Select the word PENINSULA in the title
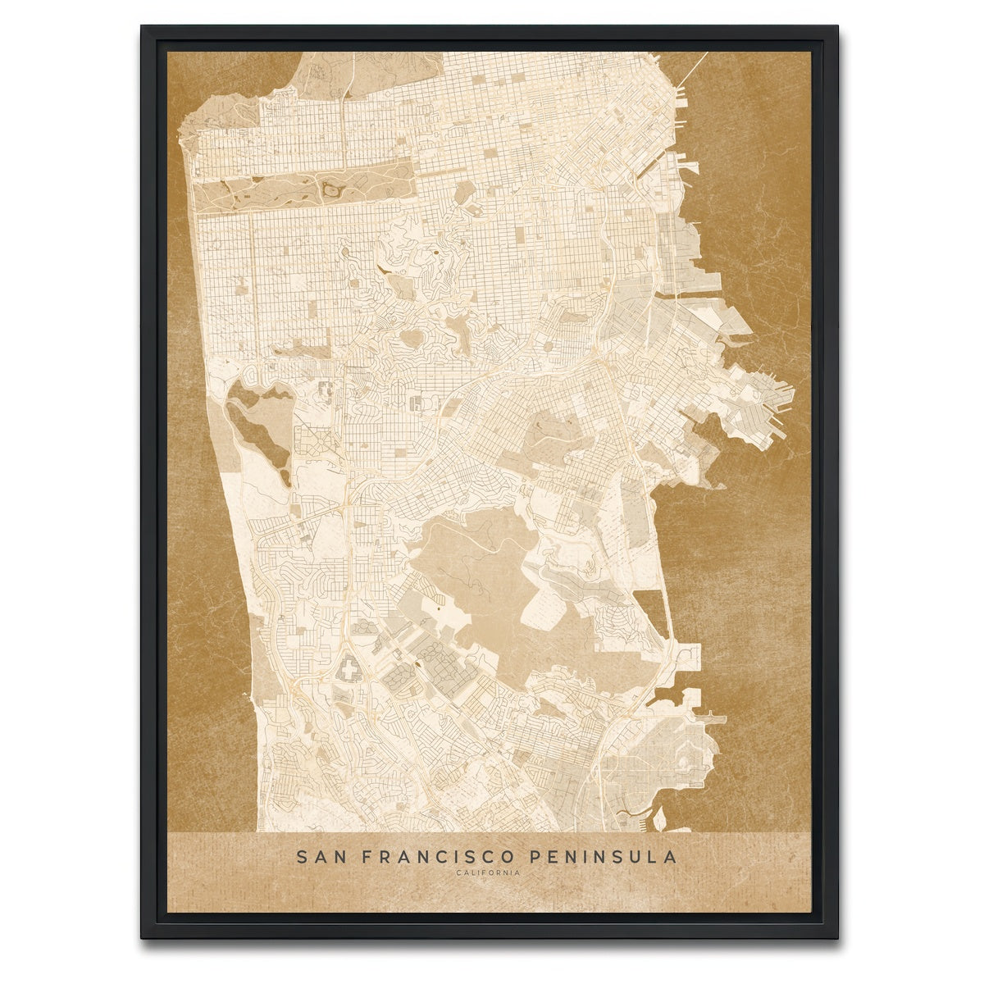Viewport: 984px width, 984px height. (x=604, y=857)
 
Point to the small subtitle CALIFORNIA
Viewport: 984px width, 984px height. (x=487, y=872)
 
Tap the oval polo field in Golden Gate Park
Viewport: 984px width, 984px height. (x=331, y=190)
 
